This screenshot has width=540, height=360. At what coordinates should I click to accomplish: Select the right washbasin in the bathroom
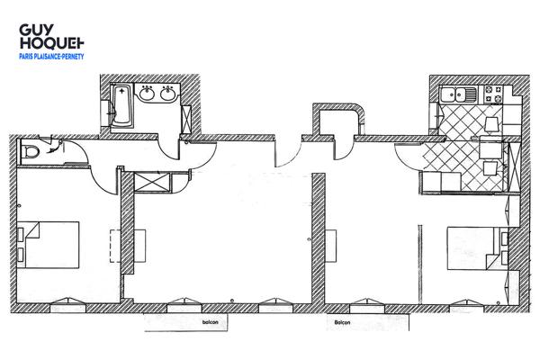click(x=167, y=93)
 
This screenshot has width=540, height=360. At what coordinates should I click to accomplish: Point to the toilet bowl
click(x=33, y=151)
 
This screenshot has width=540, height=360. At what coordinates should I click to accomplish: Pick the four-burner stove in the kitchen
click(x=494, y=93)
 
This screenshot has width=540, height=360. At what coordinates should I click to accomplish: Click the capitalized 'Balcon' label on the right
click(x=342, y=320)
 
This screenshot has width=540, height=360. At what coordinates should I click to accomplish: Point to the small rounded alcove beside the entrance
click(x=337, y=123)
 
